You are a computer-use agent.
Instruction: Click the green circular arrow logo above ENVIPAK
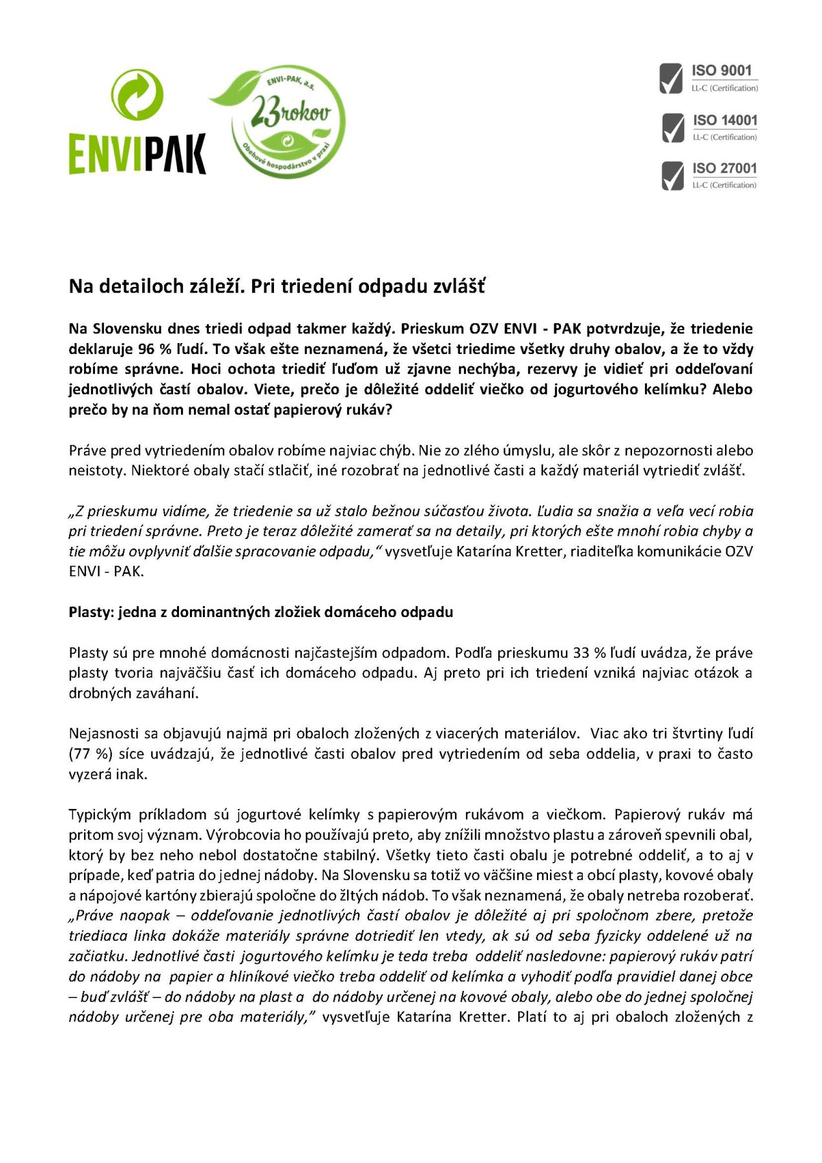(137, 95)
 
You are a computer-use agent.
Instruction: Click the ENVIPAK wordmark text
(137, 154)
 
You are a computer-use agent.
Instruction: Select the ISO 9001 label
(722, 70)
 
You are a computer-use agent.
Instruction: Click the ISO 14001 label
(724, 120)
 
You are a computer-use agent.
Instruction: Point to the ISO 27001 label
(724, 168)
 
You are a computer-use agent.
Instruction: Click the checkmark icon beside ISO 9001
(671, 78)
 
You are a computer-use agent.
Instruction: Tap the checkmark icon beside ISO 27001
(673, 176)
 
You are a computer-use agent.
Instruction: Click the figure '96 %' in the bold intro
(154, 349)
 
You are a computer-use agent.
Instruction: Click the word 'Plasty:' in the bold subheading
(90, 612)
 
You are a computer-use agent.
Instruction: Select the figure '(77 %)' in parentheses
(89, 753)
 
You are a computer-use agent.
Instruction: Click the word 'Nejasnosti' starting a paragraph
(104, 733)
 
